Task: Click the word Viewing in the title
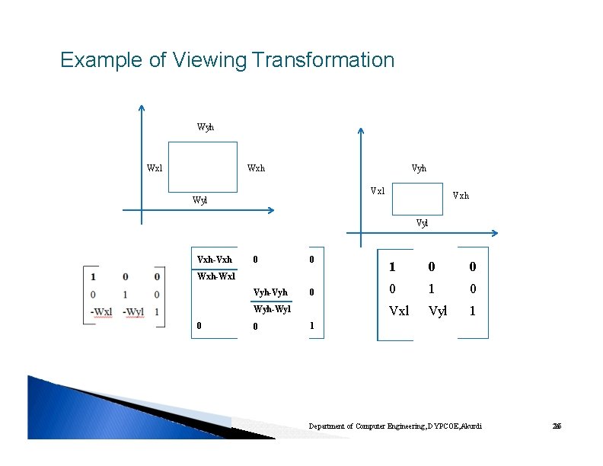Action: click(210, 59)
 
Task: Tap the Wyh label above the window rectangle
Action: click(205, 127)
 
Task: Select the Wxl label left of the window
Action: click(155, 168)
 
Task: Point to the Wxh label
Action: click(256, 168)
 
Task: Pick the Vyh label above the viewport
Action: click(419, 168)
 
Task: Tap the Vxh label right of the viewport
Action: click(461, 195)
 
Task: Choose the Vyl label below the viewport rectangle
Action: click(422, 223)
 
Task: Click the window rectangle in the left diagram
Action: click(203, 166)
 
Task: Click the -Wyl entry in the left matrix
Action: click(133, 311)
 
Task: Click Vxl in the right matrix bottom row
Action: click(399, 311)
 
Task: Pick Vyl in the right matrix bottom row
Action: click(438, 311)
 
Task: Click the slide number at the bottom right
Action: click(556, 426)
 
